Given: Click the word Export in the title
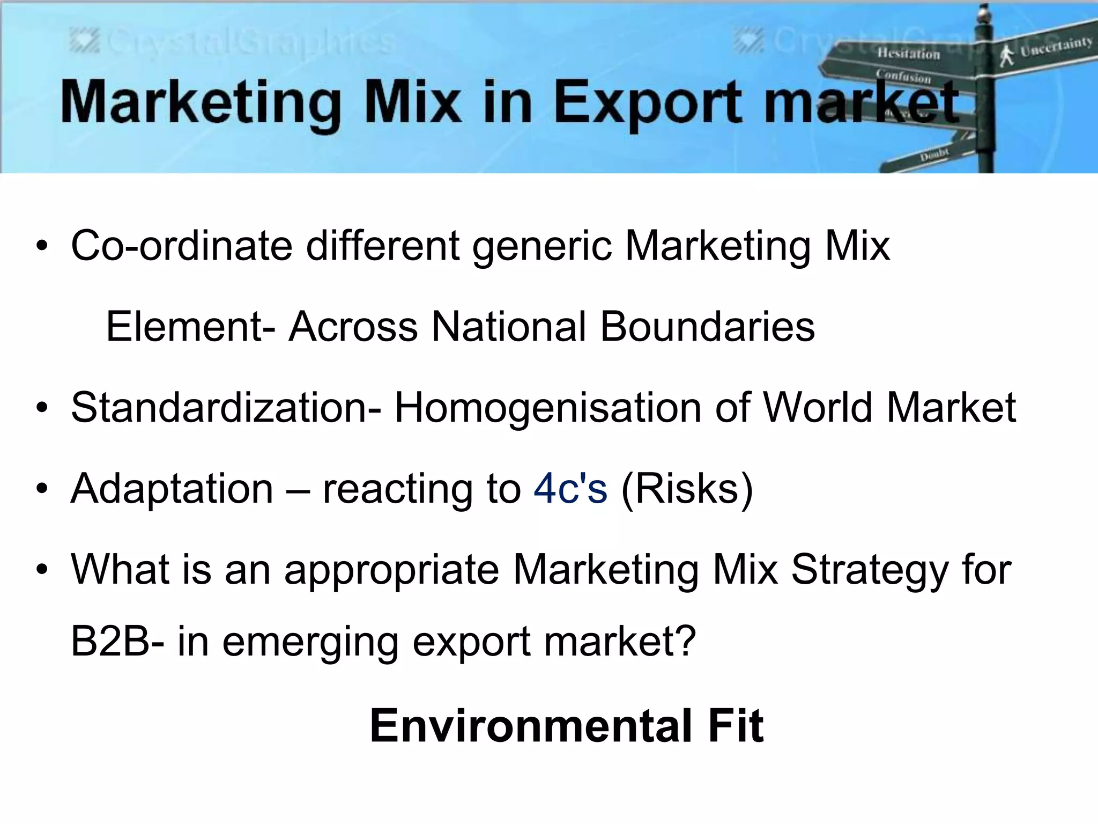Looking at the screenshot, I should click(648, 102).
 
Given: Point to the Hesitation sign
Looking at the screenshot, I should click(908, 53).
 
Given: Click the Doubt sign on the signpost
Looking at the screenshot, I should click(934, 155).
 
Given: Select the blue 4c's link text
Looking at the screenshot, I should click(570, 489).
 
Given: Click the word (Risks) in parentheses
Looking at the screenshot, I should click(687, 489).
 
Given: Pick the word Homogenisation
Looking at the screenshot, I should click(548, 408).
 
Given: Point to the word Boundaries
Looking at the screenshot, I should click(707, 327).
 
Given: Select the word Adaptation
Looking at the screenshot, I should click(172, 489).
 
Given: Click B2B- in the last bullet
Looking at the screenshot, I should click(117, 641).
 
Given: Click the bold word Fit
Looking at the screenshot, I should click(736, 726).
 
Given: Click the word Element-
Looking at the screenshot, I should click(190, 327).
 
